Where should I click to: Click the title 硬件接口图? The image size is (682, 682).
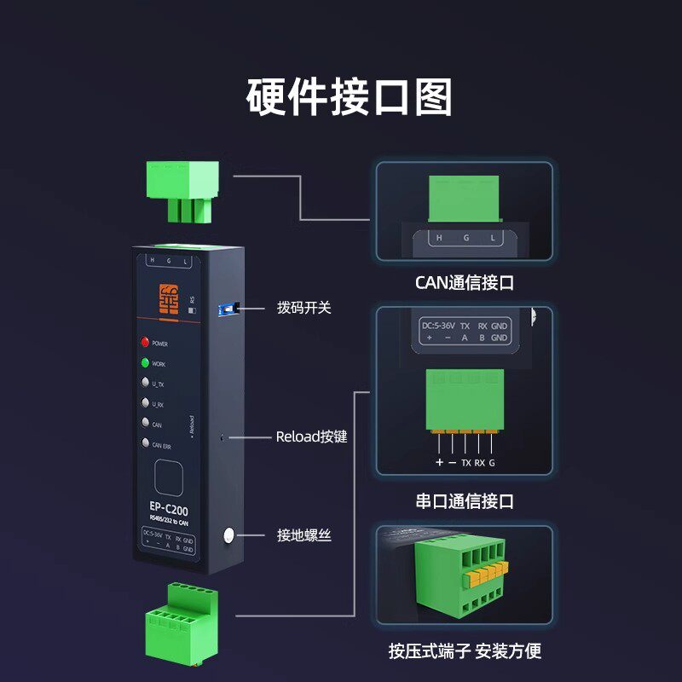349,96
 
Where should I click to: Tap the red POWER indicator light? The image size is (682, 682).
145,344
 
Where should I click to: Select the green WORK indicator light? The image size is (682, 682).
145,364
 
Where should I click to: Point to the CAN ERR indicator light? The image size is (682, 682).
145,443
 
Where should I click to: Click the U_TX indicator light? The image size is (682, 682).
145,384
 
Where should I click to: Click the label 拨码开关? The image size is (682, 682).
303,307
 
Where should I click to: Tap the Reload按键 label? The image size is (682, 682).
311,437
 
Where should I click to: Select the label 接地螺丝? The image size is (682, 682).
303,535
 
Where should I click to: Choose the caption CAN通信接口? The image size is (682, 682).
465,282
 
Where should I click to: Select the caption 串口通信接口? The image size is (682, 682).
465,501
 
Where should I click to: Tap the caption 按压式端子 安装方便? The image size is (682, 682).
465,652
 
